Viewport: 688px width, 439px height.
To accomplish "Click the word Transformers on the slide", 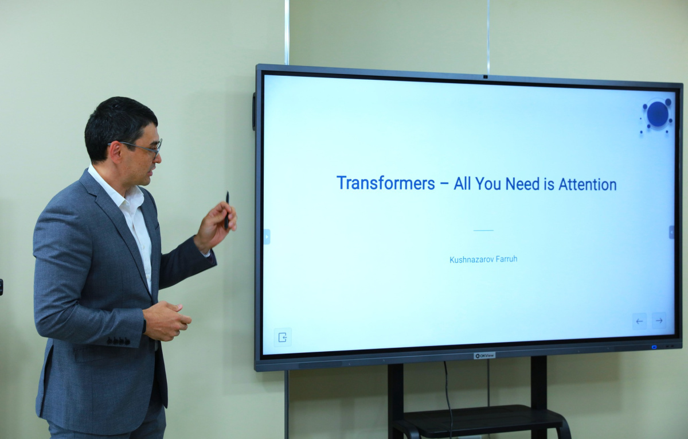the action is coord(386,183).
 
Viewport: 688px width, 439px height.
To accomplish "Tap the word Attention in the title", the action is coord(588,184).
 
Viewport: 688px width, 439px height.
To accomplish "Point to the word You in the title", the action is coord(488,184).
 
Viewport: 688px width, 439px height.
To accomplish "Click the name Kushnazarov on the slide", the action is coord(471,260).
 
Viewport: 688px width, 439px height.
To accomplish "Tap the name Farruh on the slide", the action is coord(506,259).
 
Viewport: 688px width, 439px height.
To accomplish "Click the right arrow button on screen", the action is coord(659,321).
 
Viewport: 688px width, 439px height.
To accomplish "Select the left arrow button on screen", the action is coord(639,321).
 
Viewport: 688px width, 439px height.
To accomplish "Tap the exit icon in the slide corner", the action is coord(283,337).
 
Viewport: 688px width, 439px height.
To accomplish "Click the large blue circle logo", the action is coord(658,114).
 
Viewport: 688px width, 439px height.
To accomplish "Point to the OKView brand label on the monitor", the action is coord(484,356).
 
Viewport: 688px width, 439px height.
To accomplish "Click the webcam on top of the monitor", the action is coord(485,76).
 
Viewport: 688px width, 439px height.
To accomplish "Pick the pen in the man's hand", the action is coord(227,210).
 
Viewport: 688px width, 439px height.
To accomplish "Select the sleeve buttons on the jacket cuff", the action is coord(118,341).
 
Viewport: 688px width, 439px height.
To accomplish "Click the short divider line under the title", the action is coord(483,230).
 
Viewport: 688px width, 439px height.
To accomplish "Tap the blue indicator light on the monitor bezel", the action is coord(654,347).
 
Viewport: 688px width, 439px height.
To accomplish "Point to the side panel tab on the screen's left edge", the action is coord(267,236).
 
